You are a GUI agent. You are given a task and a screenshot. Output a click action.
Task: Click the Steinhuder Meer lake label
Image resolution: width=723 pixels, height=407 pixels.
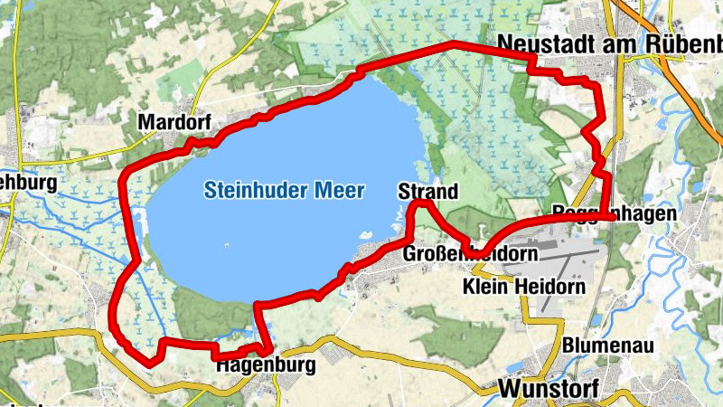point(284,191)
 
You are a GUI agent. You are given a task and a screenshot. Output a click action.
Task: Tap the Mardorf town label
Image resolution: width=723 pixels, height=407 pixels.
point(168,122)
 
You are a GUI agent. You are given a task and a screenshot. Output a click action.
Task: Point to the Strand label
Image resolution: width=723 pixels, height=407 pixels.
point(427,192)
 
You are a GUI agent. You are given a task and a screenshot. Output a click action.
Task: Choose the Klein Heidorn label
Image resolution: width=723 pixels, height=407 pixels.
point(523,287)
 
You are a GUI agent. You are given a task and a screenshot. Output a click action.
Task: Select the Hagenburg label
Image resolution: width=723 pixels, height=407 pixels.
point(266,366)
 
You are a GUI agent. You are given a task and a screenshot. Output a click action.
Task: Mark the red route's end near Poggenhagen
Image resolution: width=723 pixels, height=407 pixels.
point(612,217)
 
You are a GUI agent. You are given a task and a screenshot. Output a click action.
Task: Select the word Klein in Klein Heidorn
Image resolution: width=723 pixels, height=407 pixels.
point(486,287)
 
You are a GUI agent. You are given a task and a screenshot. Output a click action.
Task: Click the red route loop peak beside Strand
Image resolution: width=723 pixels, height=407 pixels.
point(420,205)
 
